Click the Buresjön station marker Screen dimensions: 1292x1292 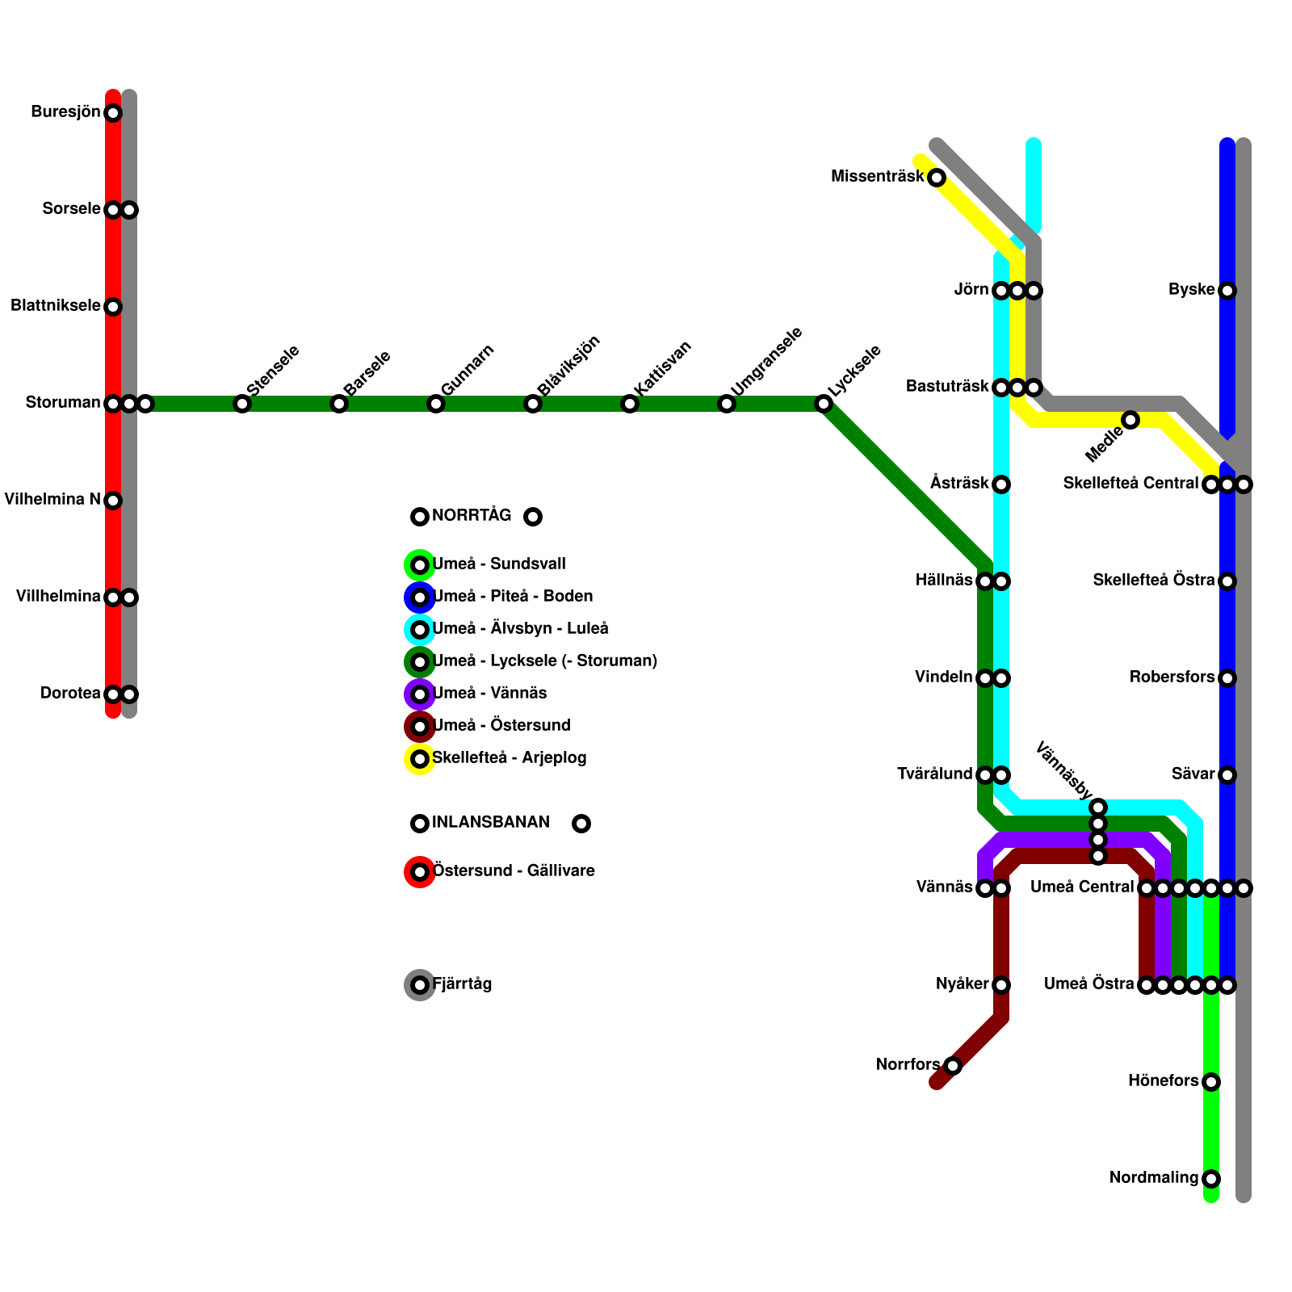113,113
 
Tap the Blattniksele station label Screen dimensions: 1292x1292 55,306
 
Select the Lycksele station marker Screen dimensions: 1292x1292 824,404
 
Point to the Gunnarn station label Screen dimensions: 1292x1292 467,370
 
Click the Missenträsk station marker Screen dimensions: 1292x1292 937,178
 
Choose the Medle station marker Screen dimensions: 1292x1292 1130,420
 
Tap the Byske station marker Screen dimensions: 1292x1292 1227,291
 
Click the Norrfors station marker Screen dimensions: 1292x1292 953,1066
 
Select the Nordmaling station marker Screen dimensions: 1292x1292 1211,1179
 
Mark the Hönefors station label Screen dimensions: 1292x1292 1163,1081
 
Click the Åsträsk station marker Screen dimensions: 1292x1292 1001,484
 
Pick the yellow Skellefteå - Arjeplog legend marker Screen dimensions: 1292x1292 420,759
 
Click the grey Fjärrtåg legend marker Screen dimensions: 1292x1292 420,985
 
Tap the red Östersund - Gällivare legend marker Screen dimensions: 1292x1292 420,872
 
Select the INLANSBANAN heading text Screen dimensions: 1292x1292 490,823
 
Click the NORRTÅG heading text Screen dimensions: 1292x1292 472,516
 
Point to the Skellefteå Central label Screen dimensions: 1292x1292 1130,484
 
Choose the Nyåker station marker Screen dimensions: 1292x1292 1001,985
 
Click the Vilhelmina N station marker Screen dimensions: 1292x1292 113,501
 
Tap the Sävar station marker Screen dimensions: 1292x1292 1227,775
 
